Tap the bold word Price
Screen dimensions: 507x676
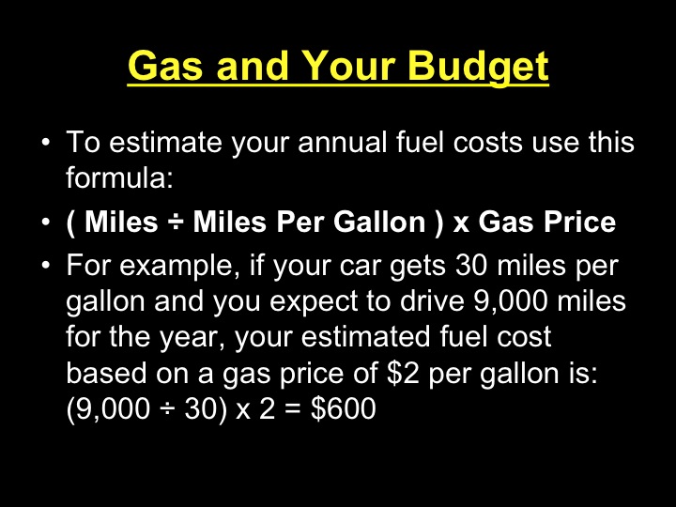click(x=579, y=223)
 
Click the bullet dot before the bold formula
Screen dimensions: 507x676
click(x=45, y=223)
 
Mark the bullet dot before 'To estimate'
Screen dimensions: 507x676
click(x=45, y=145)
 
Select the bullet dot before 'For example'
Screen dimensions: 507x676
click(x=45, y=267)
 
